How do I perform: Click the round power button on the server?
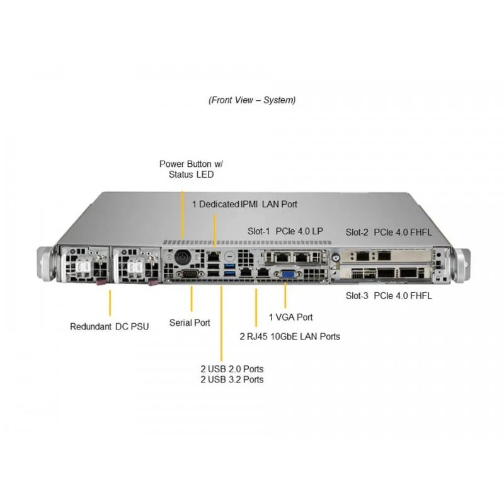pos(183,258)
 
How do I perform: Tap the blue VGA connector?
pos(288,275)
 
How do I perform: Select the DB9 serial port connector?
pos(190,274)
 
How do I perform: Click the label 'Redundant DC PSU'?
pos(109,326)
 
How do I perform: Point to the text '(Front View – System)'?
pos(252,100)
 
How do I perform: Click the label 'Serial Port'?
pos(190,323)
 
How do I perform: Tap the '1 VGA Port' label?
pos(290,318)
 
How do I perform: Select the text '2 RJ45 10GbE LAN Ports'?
pos(290,336)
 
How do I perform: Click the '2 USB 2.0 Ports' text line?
pos(232,369)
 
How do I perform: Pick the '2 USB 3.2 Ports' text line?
pos(232,380)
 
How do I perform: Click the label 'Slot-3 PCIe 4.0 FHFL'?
pos(389,295)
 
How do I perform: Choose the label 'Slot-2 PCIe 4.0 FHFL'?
pos(389,232)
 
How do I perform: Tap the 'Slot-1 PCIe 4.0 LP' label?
pos(285,231)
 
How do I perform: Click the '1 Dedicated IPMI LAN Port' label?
pos(244,204)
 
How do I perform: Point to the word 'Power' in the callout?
pos(172,164)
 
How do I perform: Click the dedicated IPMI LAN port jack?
pos(213,257)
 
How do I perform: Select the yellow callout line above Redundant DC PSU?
pos(110,303)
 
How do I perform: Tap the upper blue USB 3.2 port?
pos(229,266)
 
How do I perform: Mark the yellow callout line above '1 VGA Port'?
pos(285,295)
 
